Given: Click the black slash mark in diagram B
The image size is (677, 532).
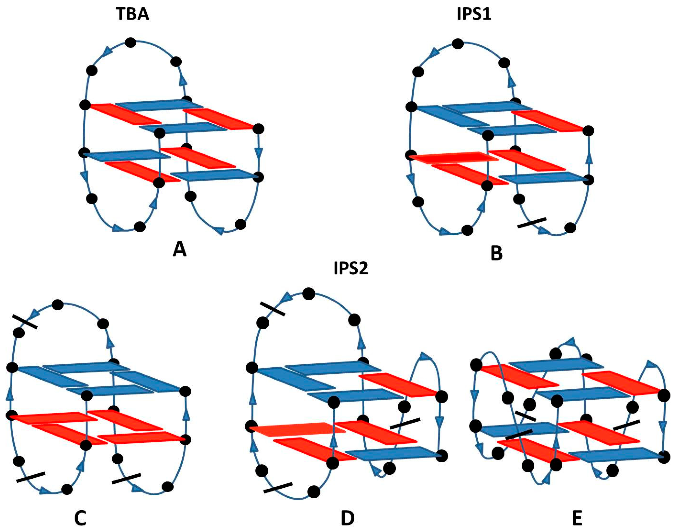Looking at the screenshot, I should [532, 223].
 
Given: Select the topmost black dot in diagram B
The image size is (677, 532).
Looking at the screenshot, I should [458, 44].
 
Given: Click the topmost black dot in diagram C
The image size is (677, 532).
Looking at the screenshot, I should [58, 305].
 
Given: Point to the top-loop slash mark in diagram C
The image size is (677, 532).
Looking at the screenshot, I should [25, 322].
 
